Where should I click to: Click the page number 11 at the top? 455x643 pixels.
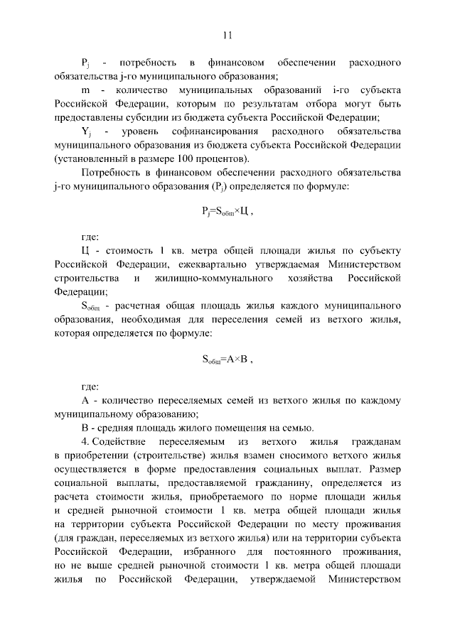pyautogui.click(x=227, y=34)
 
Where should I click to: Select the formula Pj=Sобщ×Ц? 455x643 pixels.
pyautogui.click(x=227, y=211)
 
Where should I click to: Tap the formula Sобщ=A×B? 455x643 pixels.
pyautogui.click(x=227, y=360)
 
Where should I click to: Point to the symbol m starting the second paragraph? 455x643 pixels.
pyautogui.click(x=85, y=91)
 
